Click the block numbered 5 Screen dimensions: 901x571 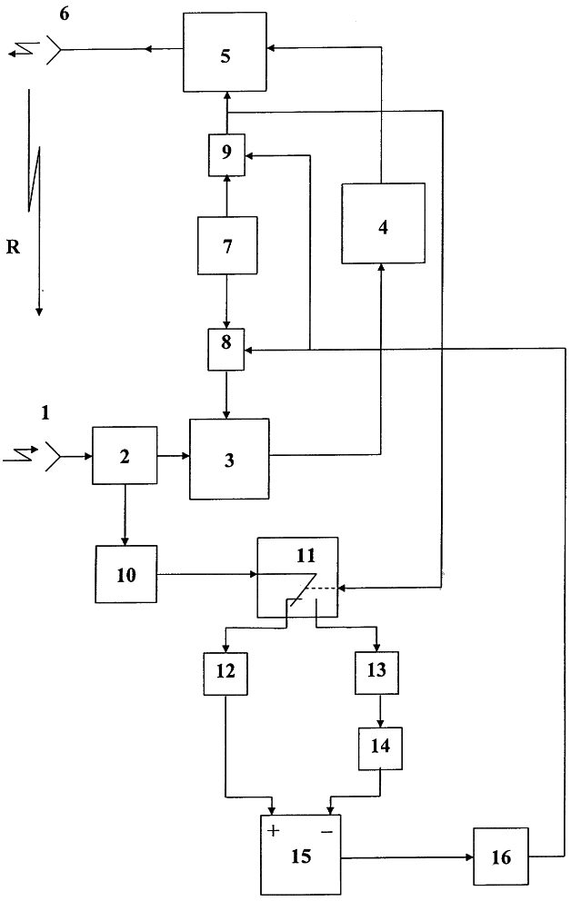tap(225, 52)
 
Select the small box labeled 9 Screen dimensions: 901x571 tap(225, 154)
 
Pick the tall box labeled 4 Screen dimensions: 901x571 tap(383, 223)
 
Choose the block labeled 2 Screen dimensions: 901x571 tap(125, 456)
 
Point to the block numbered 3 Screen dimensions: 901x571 tap(229, 459)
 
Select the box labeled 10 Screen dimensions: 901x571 tap(125, 574)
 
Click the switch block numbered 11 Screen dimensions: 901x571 tap(297, 577)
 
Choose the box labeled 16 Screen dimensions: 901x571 tap(501, 856)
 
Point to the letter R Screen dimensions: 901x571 tap(14, 248)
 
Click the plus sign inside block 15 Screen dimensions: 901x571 tap(272, 828)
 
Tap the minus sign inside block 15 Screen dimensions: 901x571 tap(327, 828)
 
